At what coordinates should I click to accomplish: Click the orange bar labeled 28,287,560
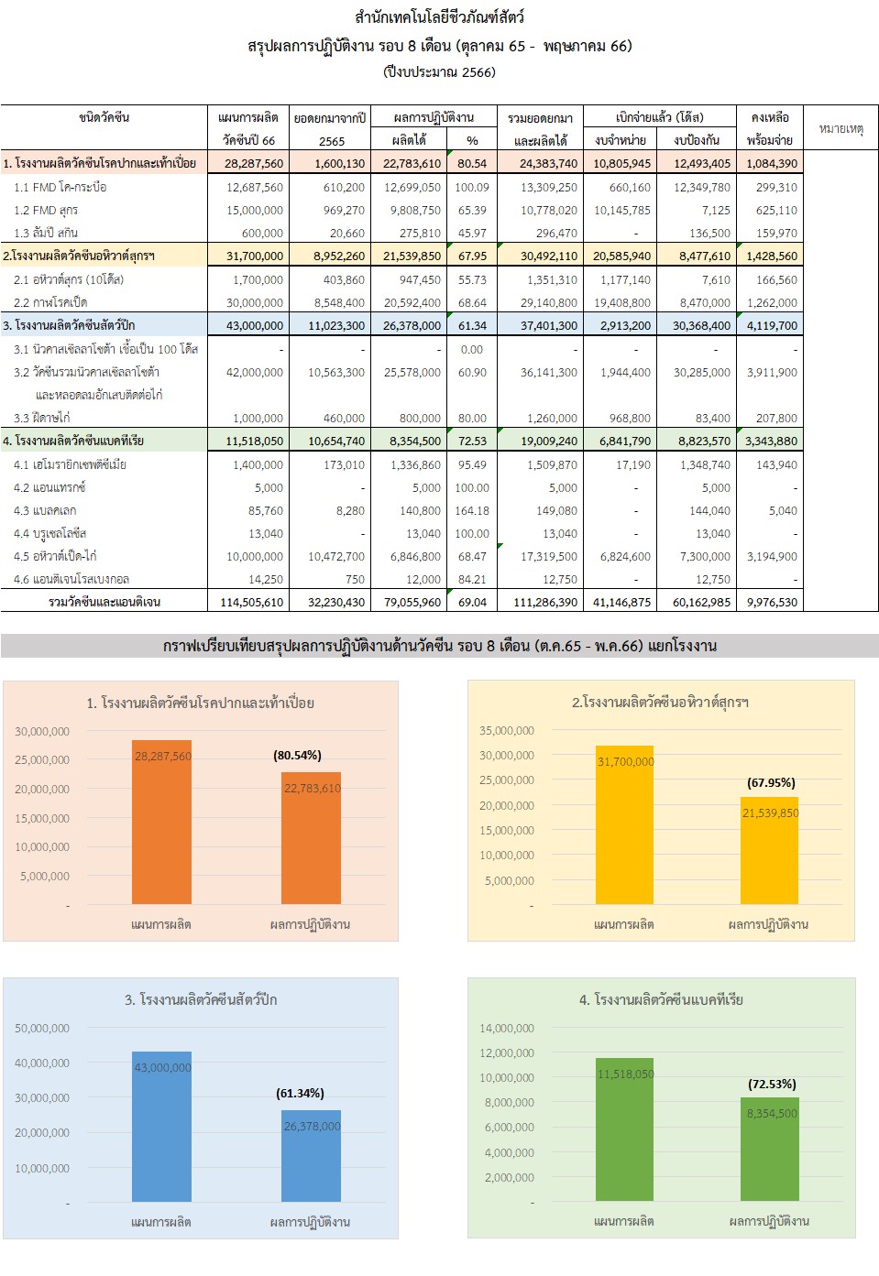[x=161, y=824]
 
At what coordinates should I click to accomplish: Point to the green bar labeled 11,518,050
[x=624, y=1131]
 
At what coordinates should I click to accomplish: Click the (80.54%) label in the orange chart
[x=297, y=756]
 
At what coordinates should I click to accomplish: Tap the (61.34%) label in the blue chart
[x=300, y=1094]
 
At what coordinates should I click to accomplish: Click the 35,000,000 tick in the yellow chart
[x=506, y=731]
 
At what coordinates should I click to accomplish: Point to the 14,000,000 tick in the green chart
[x=506, y=1029]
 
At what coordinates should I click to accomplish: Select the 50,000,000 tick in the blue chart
[x=42, y=1029]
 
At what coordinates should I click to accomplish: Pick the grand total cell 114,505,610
[x=252, y=603]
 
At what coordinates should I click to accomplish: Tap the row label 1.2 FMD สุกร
[x=46, y=211]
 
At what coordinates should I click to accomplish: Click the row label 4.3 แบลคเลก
[x=45, y=511]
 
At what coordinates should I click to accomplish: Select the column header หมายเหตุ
[x=841, y=129]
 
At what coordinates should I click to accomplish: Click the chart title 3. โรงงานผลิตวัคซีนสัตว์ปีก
[x=201, y=1000]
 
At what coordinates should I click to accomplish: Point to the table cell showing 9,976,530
[x=772, y=603]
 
